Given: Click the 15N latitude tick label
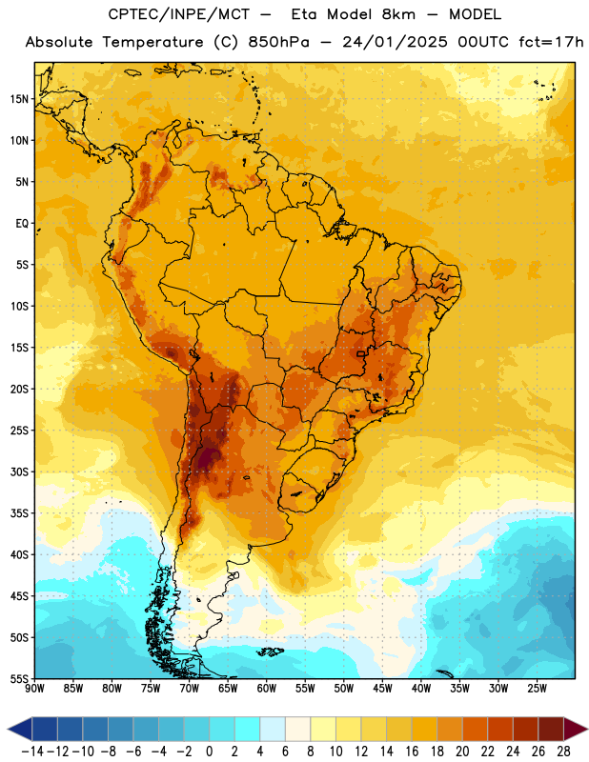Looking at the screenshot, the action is [19, 99].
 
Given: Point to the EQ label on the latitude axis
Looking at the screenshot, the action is [22, 224].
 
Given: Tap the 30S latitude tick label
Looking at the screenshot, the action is [19, 471].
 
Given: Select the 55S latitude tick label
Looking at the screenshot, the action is [19, 678].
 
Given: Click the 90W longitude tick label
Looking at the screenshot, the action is [34, 689].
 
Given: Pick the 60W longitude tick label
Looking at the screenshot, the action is [267, 689].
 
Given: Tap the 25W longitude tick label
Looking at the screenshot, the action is [537, 689].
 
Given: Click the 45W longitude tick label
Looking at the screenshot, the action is [382, 689].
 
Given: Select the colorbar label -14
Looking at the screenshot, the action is [32, 752].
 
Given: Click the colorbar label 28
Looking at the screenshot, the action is [563, 752].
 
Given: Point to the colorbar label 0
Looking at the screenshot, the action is [210, 752].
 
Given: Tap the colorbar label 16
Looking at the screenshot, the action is [412, 752].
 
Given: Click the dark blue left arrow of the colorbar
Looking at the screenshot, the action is [21, 729].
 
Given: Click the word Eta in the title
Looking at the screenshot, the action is [304, 14].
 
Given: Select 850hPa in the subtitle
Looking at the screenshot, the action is [278, 42].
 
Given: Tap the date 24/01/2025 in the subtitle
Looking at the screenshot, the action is [395, 42].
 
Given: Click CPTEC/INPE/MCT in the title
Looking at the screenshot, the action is [178, 14].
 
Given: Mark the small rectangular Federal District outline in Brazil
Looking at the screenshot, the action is [361, 353].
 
